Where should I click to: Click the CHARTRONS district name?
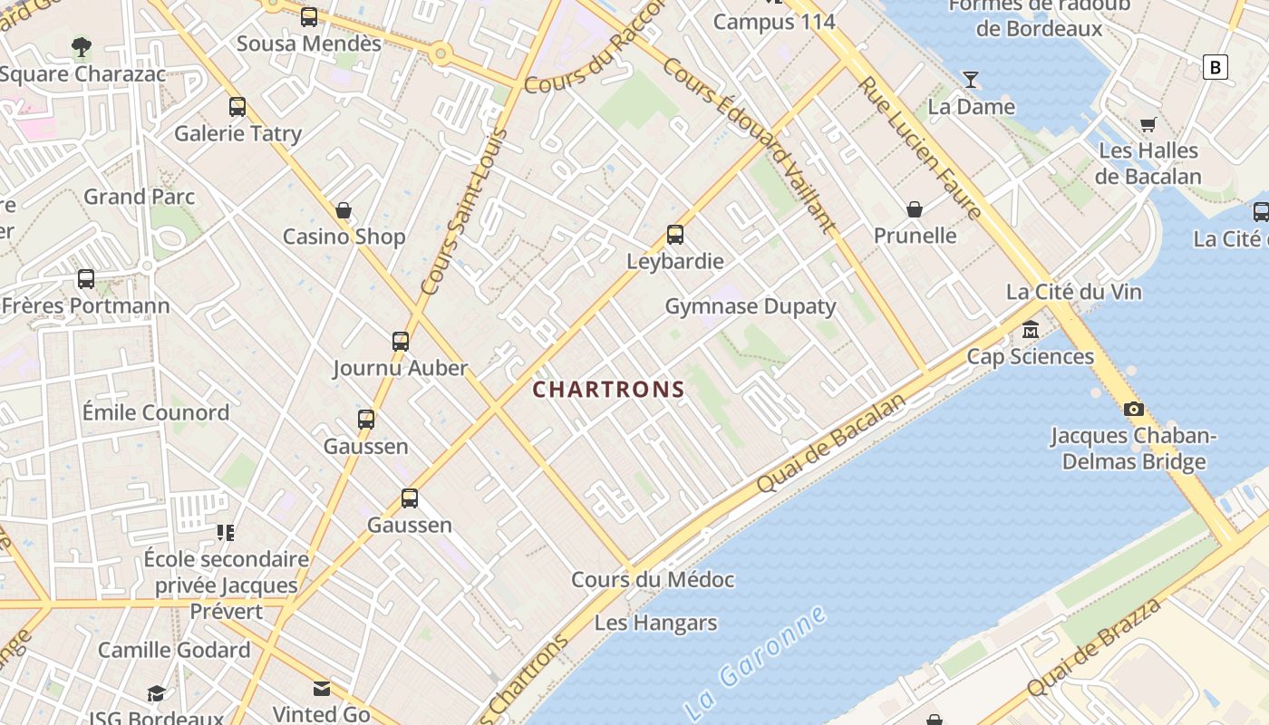click(x=608, y=390)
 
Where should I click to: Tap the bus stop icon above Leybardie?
click(x=675, y=235)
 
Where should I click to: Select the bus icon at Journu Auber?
click(x=401, y=342)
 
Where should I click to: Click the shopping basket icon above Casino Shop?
click(x=344, y=211)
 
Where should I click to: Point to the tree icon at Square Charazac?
click(x=82, y=46)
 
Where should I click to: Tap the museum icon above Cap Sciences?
click(x=1031, y=329)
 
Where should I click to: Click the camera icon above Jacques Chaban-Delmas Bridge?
click(x=1133, y=409)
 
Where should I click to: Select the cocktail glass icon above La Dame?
click(x=971, y=80)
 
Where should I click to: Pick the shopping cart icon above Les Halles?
click(x=1148, y=124)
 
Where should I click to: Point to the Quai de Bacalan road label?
click(x=831, y=443)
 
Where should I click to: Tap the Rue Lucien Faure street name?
click(x=920, y=148)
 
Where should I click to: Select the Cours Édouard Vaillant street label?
click(x=749, y=145)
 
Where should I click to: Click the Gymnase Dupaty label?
click(x=751, y=306)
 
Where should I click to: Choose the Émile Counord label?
click(x=156, y=413)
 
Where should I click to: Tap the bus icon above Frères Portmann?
click(x=86, y=279)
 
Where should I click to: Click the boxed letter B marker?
click(x=1215, y=67)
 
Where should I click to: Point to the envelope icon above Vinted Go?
click(x=322, y=688)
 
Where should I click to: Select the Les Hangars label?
click(x=655, y=623)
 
